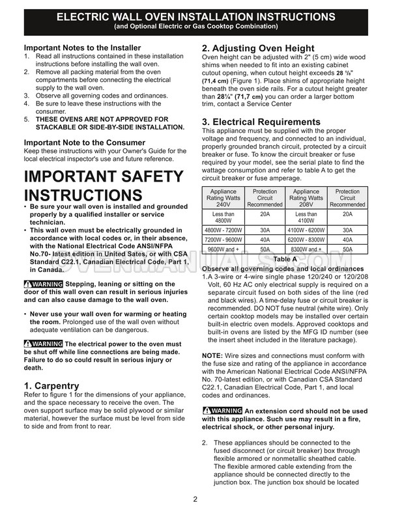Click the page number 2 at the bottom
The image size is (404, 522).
pos(195,500)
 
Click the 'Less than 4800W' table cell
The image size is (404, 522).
pos(224,217)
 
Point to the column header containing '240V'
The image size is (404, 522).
pos(224,199)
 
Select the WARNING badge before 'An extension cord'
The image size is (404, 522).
pos(222,411)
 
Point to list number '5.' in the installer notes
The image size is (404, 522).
pos(27,119)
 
